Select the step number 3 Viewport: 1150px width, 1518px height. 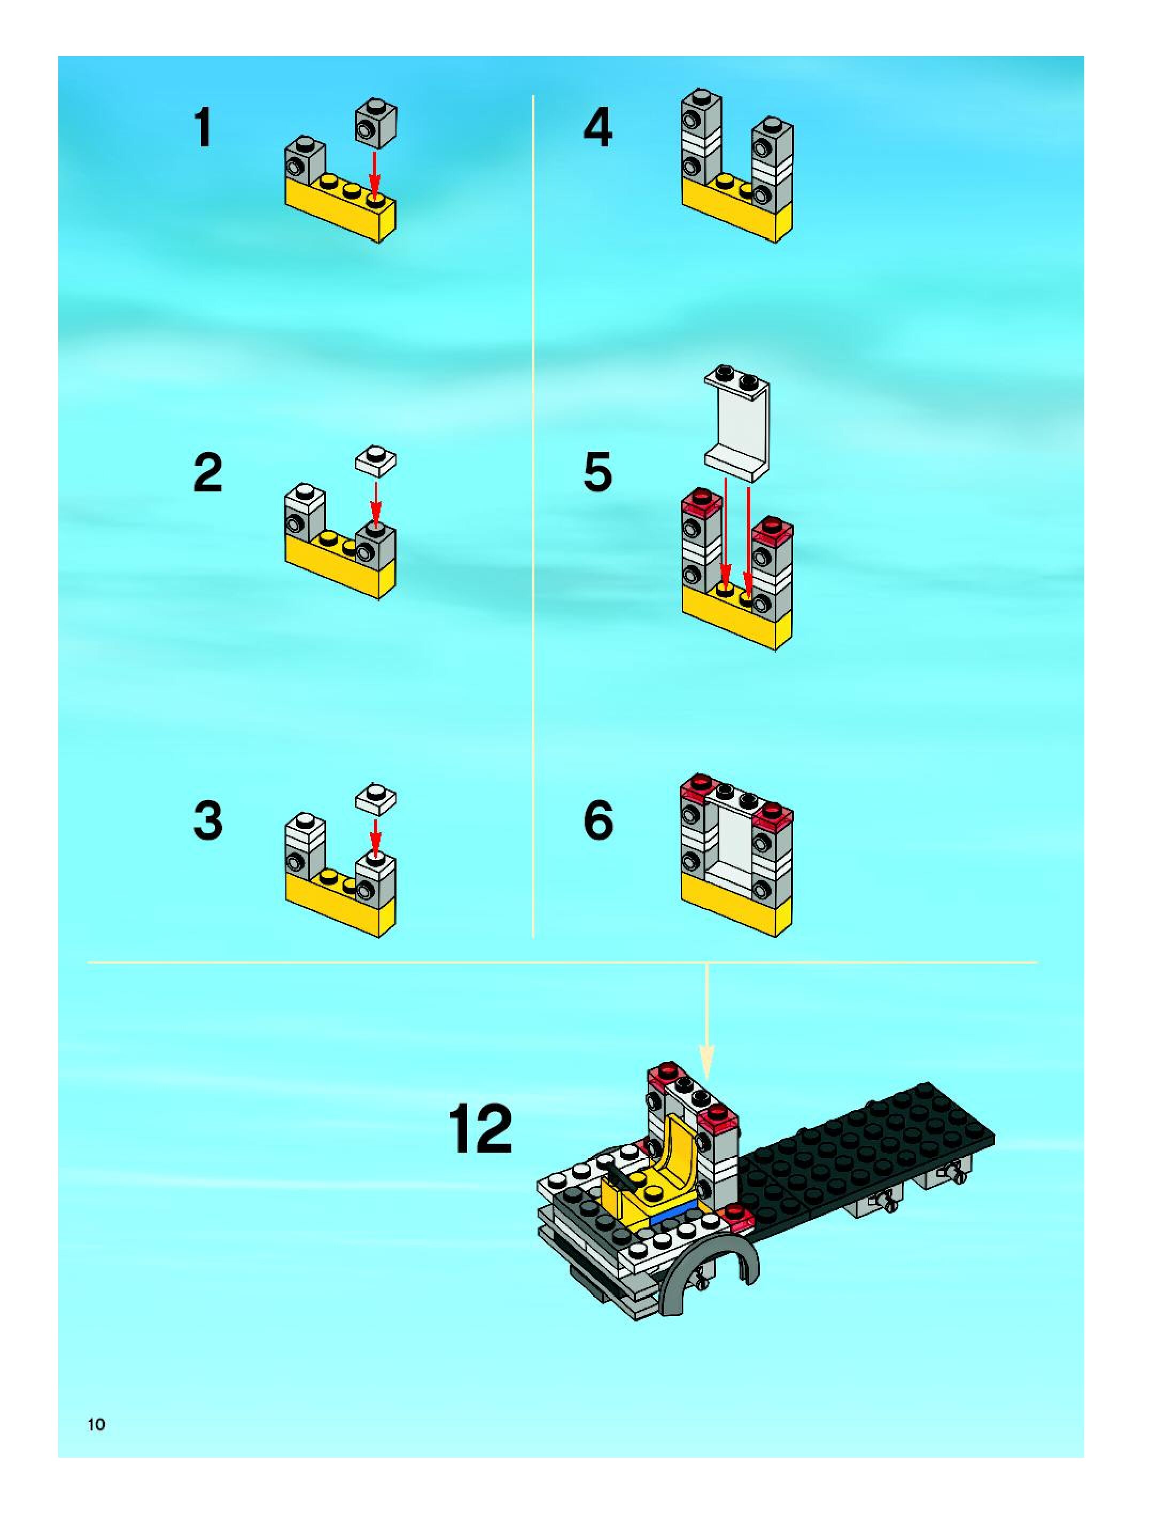pos(208,821)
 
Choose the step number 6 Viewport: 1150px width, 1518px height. pos(598,821)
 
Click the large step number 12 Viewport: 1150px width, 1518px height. pos(480,1129)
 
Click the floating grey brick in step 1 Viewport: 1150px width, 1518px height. pos(376,124)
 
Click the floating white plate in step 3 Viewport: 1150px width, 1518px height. pos(376,799)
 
